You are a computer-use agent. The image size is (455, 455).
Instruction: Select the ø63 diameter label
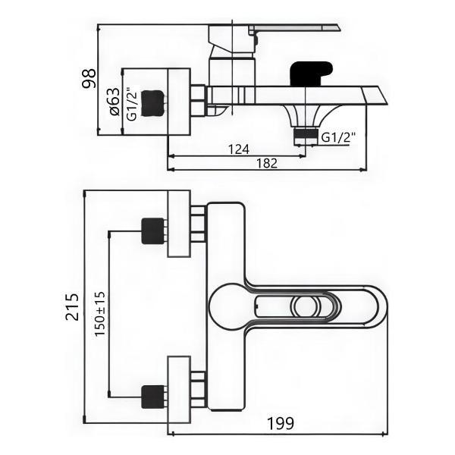click(x=113, y=102)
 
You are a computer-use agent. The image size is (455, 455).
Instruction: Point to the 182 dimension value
click(x=265, y=163)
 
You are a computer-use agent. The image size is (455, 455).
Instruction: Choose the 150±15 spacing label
click(x=100, y=314)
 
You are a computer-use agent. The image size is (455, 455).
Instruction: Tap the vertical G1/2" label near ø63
click(x=131, y=104)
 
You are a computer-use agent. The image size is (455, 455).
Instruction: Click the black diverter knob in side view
click(x=310, y=73)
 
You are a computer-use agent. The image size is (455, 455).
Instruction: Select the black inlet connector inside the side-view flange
click(x=153, y=101)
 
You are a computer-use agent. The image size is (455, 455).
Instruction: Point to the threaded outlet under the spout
click(x=305, y=135)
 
